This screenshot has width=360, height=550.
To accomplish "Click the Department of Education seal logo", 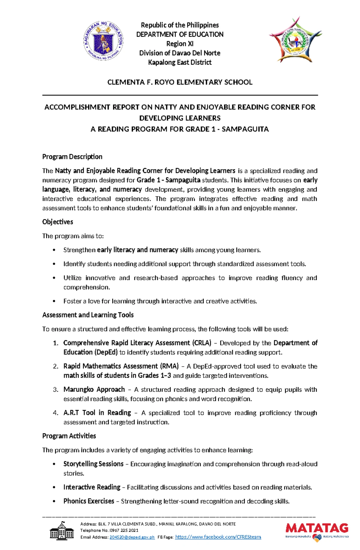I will click(x=103, y=41).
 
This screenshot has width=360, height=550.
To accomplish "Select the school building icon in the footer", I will click(x=62, y=531).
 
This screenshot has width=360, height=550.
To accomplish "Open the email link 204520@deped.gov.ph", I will click(x=132, y=537).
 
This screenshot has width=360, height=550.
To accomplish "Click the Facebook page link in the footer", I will click(x=218, y=537).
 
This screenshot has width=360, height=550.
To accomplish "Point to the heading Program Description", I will click(x=72, y=157).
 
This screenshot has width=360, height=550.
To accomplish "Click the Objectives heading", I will click(x=58, y=222).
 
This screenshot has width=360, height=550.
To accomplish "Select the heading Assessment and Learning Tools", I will click(x=88, y=315).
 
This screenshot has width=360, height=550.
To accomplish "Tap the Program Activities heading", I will click(x=69, y=436).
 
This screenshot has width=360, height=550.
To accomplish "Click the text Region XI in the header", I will click(x=180, y=44).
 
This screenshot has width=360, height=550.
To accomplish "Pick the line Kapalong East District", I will click(x=180, y=62).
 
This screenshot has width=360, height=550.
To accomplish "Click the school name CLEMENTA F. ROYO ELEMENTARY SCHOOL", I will click(x=180, y=82).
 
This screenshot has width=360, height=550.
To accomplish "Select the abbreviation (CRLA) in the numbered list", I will click(x=202, y=343).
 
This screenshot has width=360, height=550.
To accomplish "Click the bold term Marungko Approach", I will click(x=94, y=389).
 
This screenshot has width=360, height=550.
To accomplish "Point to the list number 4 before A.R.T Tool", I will click(x=55, y=413).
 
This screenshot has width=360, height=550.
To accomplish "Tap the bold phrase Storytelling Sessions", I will click(x=93, y=464).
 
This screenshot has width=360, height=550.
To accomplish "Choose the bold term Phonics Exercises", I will click(x=89, y=501).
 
